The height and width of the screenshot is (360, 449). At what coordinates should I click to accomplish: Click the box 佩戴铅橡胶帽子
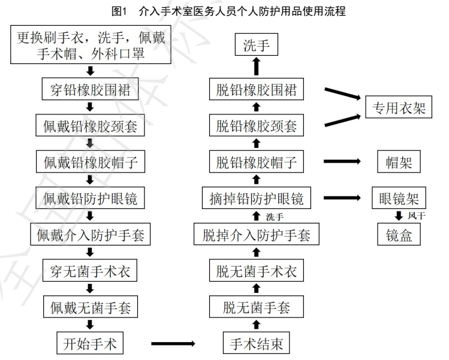pos(90,162)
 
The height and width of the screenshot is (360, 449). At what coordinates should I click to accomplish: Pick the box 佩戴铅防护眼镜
pos(90,198)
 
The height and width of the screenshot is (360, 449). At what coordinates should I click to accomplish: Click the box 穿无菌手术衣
pos(90,271)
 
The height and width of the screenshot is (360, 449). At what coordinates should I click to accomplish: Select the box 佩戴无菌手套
pos(90,307)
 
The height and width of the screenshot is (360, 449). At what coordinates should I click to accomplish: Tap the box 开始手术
pos(90,344)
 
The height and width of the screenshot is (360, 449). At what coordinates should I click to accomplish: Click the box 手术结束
pos(257,344)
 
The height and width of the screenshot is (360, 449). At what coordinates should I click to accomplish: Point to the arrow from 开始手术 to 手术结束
pos(173,344)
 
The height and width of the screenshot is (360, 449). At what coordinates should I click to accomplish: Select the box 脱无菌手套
pos(257,307)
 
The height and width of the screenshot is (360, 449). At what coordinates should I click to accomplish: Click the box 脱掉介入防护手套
pos(257,234)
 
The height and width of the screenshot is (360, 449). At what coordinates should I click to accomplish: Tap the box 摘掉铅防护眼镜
pos(257,198)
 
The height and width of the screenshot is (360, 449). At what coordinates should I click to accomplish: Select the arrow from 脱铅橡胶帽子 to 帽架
pos(342,162)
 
